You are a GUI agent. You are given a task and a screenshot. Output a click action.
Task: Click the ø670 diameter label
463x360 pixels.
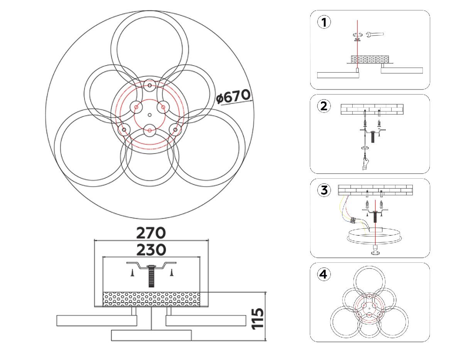click(x=233, y=97)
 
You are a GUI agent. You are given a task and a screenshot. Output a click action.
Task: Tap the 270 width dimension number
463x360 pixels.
click(x=151, y=233)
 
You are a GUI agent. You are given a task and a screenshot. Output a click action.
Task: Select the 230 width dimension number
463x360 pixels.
click(x=151, y=250)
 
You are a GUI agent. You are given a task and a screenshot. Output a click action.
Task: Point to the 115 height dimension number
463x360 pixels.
click(x=258, y=319)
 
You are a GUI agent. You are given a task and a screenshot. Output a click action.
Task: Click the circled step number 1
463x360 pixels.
click(x=324, y=22)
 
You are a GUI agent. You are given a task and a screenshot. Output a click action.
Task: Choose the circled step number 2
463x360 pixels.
click(x=324, y=106)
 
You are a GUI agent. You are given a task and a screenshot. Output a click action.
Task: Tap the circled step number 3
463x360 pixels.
click(x=324, y=190)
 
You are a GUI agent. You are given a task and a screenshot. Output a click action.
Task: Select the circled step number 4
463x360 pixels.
click(x=324, y=274)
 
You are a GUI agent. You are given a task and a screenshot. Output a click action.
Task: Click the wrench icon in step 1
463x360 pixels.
click(x=375, y=34)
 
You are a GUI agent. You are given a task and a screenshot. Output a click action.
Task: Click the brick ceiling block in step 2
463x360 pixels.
click(x=372, y=109)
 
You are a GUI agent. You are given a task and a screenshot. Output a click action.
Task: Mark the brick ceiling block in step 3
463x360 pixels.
click(x=375, y=190)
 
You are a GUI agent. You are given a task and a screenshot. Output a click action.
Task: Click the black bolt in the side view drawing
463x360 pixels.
click(x=151, y=276)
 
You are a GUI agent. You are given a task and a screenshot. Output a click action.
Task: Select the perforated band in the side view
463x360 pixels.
click(x=151, y=299)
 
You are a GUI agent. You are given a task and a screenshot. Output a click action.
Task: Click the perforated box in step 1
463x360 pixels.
click(x=370, y=59)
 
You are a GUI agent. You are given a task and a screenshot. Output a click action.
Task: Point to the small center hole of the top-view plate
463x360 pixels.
click(x=150, y=115)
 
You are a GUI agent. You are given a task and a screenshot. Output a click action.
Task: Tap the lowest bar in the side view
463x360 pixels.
click(x=151, y=335)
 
